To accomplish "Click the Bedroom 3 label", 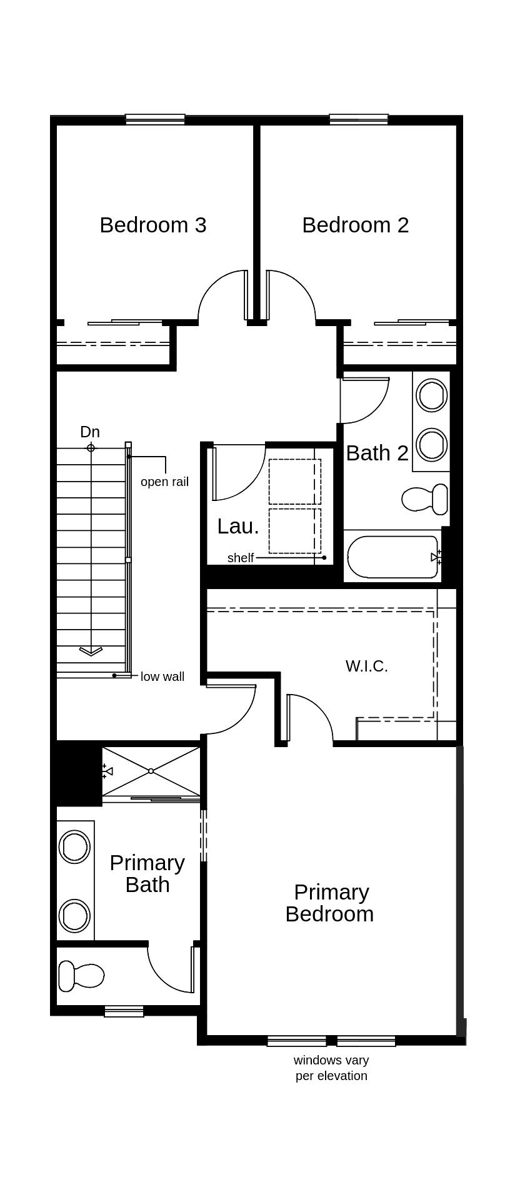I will (x=153, y=225).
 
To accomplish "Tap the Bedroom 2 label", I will (x=355, y=225).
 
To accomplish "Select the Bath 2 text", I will (x=377, y=453).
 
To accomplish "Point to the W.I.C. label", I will (x=367, y=666).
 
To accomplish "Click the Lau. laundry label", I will (x=238, y=527).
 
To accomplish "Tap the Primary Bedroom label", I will (x=329, y=903).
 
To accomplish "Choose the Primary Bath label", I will (x=147, y=873).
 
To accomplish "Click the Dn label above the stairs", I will (x=90, y=432).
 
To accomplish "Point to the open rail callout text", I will (x=164, y=482).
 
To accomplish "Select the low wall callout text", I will (x=162, y=677).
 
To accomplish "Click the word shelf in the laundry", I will (x=241, y=558).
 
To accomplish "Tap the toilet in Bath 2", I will (x=425, y=498).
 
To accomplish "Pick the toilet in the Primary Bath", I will (x=81, y=975).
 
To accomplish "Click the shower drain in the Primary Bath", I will (x=151, y=771).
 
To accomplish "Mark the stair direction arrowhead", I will (x=91, y=652).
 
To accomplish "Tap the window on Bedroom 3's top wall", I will (x=155, y=119).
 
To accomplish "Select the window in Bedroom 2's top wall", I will (x=359, y=119).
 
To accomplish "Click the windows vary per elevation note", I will (x=331, y=1068).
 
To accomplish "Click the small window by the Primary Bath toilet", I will (x=124, y=1011).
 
